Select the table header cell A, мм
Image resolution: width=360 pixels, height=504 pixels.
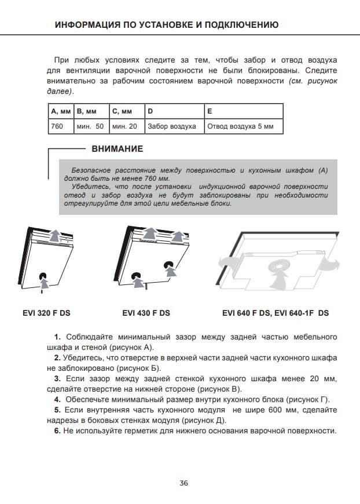(61, 111)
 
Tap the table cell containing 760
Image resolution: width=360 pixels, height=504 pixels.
(57, 126)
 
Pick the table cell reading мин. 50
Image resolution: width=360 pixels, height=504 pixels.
(90, 126)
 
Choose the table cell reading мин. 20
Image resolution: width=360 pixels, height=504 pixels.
(124, 126)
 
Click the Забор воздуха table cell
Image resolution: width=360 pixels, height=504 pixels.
(172, 126)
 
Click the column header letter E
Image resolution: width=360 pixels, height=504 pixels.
(210, 111)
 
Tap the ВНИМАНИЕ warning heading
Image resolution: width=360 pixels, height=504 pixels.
(117, 149)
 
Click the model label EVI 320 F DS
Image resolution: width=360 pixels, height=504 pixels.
(46, 313)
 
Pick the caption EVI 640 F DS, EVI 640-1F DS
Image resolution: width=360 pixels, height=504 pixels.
(275, 313)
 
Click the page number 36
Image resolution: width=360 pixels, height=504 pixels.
(184, 483)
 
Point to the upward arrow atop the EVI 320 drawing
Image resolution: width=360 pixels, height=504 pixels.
(54, 235)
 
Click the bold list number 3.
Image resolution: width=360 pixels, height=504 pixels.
(57, 379)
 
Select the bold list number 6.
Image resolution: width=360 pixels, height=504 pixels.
(57, 431)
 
